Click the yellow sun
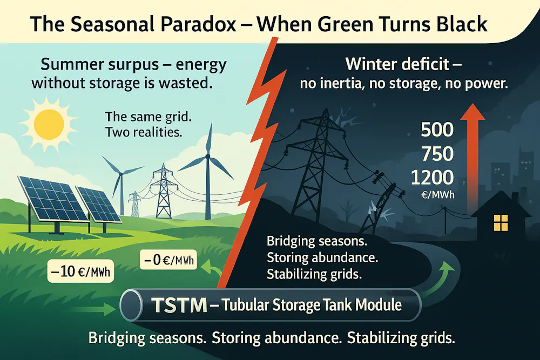pyautogui.click(x=49, y=125)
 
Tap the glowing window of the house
pyautogui.click(x=501, y=223)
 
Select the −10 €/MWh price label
pyautogui.click(x=80, y=271)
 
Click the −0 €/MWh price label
pyautogui.click(x=168, y=260)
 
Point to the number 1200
pyautogui.click(x=432, y=178)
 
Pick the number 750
pyautogui.click(x=437, y=154)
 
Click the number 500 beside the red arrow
pyautogui.click(x=437, y=130)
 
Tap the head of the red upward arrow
pyautogui.click(x=473, y=113)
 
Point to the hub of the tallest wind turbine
pyautogui.click(x=208, y=157)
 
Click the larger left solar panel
pyautogui.click(x=52, y=199)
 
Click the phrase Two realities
pyautogui.click(x=144, y=132)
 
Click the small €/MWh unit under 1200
pyautogui.click(x=438, y=195)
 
